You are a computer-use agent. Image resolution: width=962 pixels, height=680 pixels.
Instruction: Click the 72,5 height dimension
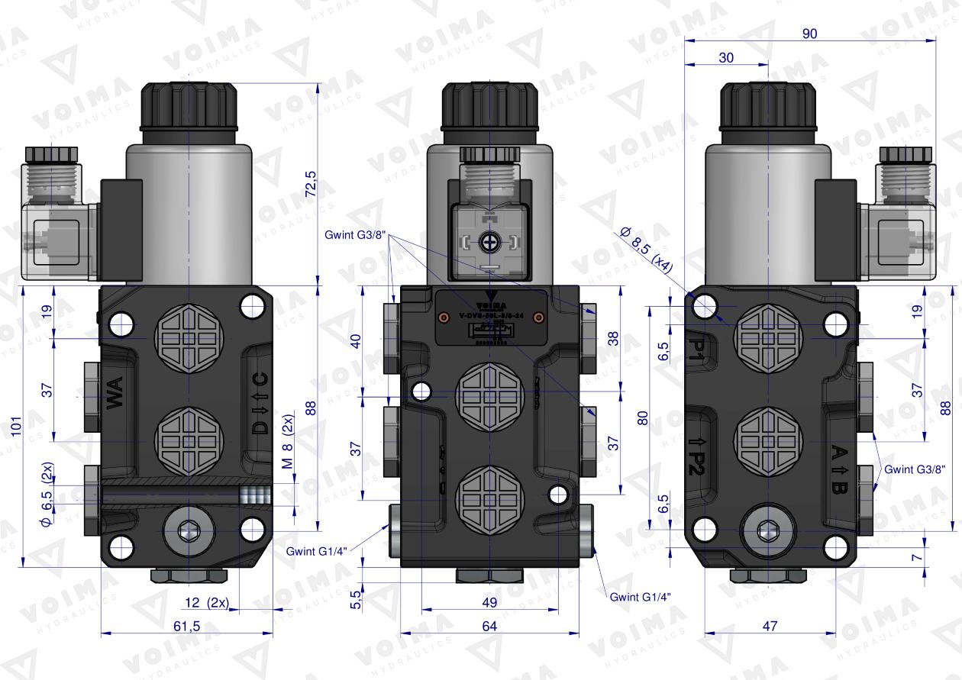click(x=311, y=183)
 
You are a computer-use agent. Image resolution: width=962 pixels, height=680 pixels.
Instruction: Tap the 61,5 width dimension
click(x=187, y=627)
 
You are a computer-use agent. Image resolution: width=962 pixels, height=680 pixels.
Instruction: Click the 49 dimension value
click(x=489, y=602)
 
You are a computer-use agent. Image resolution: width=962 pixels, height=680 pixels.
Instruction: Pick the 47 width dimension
click(x=770, y=626)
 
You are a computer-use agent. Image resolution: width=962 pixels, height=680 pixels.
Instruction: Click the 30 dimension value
click(x=725, y=58)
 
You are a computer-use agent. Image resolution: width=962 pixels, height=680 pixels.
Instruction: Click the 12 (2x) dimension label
click(x=205, y=602)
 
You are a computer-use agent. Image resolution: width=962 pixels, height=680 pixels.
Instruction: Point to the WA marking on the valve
click(x=115, y=398)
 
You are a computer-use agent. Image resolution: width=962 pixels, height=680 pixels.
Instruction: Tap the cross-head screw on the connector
click(x=489, y=243)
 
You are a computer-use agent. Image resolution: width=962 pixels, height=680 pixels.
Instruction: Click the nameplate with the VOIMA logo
click(x=489, y=321)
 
